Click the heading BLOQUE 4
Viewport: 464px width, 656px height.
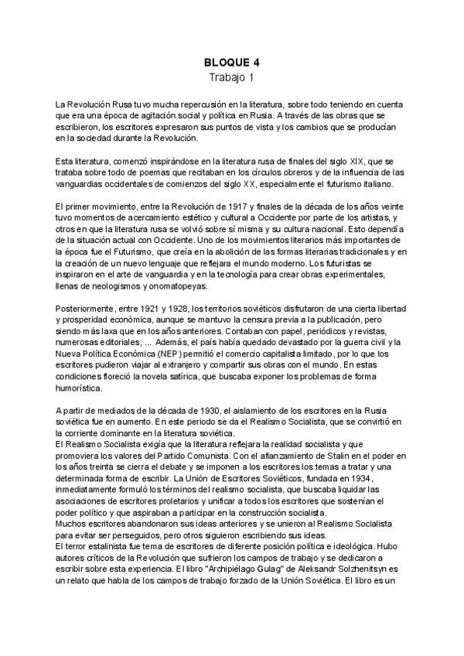(231, 63)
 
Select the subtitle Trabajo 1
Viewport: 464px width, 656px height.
(231, 77)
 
